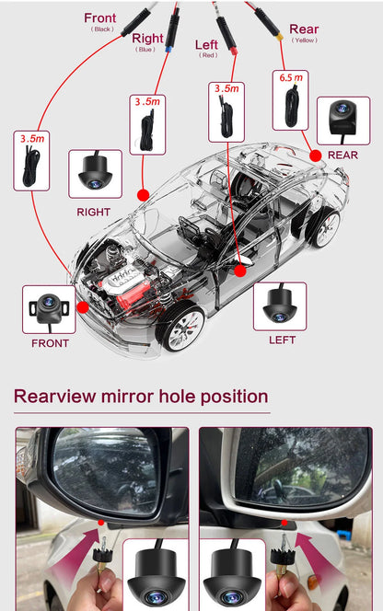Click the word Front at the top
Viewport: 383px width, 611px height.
click(100, 17)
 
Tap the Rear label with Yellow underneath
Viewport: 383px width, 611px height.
click(304, 29)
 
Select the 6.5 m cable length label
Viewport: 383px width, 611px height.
click(290, 77)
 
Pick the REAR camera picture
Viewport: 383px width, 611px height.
click(342, 121)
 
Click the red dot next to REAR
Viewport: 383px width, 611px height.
click(316, 156)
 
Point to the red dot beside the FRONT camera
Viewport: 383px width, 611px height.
click(82, 306)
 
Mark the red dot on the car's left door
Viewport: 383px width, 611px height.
click(240, 271)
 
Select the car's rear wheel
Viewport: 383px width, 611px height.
click(325, 227)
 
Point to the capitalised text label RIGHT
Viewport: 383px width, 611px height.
click(94, 212)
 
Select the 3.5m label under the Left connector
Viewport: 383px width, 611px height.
click(226, 89)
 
